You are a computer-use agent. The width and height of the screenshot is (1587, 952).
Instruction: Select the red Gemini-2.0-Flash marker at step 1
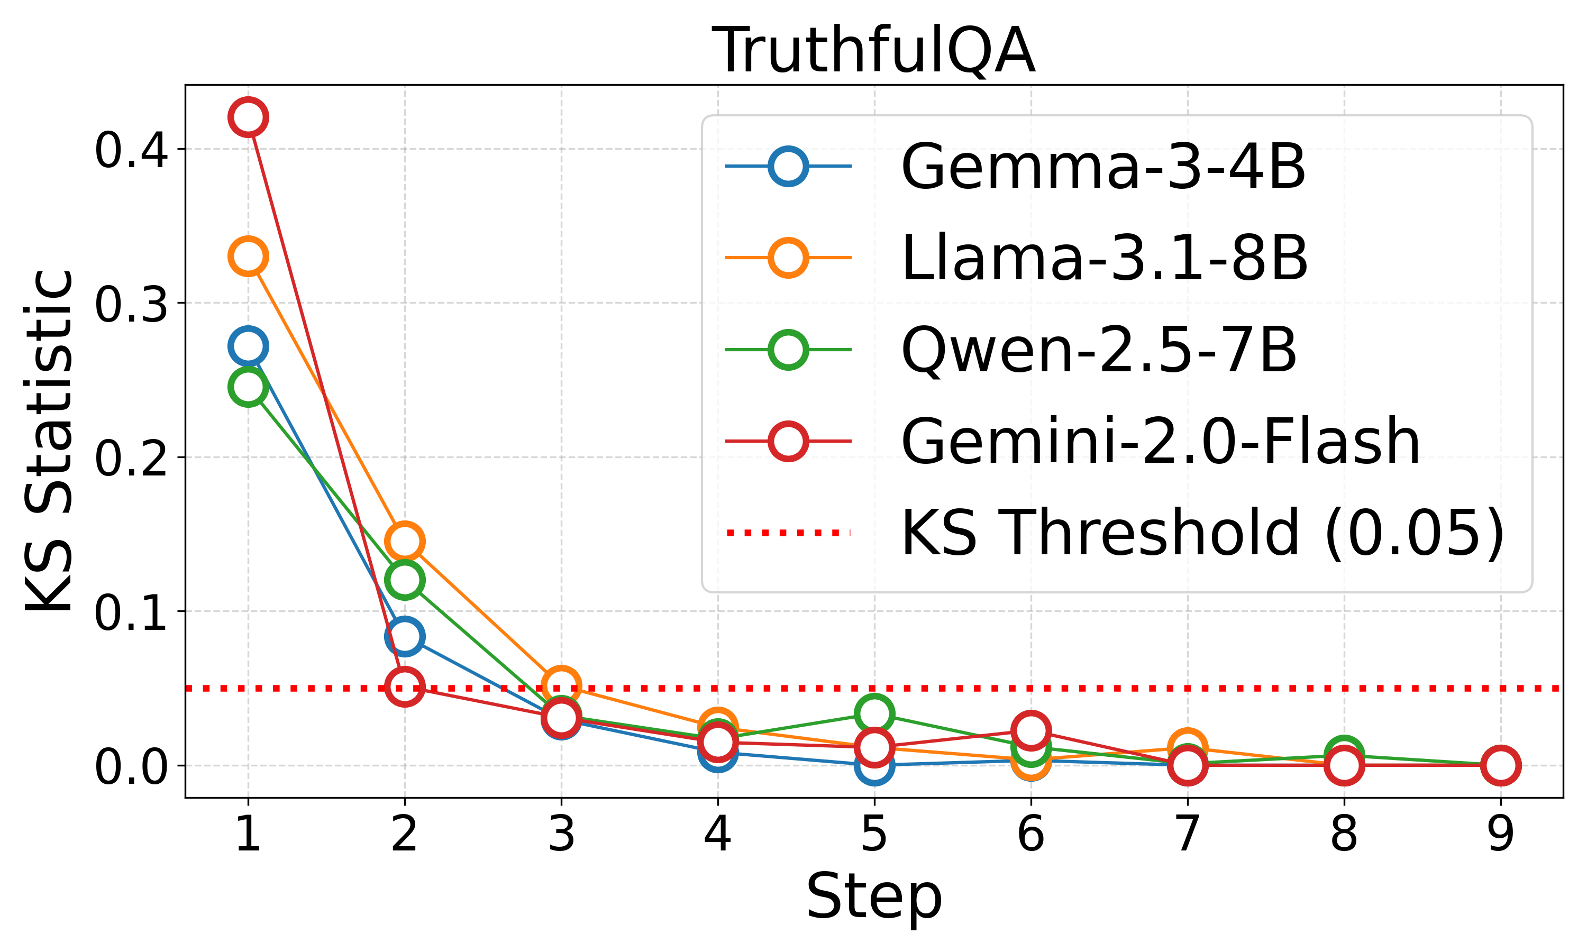tap(248, 117)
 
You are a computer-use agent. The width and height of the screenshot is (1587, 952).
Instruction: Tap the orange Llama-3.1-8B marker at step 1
tap(248, 257)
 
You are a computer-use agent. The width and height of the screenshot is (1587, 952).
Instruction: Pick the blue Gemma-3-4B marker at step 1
tap(248, 346)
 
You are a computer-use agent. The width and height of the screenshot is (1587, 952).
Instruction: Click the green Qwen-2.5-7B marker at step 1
tap(248, 387)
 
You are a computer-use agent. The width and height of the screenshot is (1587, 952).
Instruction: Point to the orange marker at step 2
tap(404, 542)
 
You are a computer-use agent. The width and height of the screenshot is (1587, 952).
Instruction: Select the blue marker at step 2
tap(404, 636)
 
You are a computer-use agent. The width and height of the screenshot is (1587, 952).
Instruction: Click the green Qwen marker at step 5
tap(874, 713)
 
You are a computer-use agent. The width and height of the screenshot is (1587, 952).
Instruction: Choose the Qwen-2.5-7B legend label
tap(1098, 350)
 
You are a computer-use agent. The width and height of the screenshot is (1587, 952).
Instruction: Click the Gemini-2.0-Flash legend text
tap(1161, 442)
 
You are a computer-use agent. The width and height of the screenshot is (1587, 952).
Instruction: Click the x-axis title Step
tap(874, 897)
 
